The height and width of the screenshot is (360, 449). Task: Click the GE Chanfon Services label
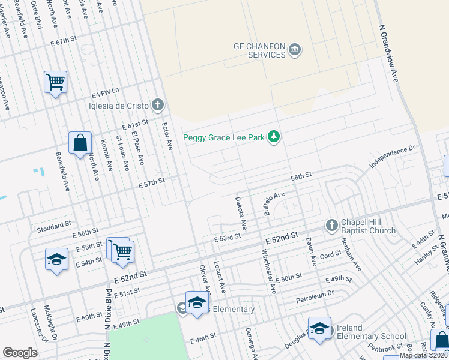tap(259, 50)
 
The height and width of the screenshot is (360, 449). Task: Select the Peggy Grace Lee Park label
tap(224, 137)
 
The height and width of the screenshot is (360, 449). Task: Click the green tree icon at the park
tap(274, 137)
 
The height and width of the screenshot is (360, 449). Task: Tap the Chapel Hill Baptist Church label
tap(368, 226)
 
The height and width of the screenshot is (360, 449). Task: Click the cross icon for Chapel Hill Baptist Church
tap(331, 226)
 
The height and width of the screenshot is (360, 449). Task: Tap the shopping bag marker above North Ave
tap(80, 143)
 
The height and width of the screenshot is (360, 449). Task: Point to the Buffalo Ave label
tap(274, 201)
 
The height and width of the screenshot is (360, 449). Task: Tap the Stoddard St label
tap(55, 226)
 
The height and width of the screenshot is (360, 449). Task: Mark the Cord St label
tap(330, 254)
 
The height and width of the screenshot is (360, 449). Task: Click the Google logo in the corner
tap(20, 353)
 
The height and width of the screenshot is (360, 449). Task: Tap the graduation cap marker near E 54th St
tap(56, 260)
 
